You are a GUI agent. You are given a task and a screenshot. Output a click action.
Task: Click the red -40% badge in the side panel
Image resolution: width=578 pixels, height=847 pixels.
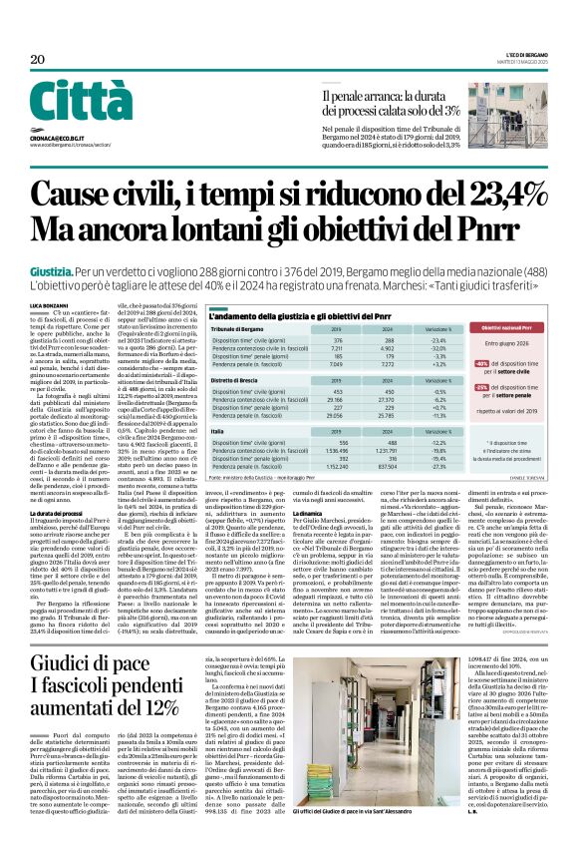click(483, 365)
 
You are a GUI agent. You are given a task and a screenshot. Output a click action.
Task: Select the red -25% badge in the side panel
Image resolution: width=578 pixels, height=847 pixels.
click(483, 386)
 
